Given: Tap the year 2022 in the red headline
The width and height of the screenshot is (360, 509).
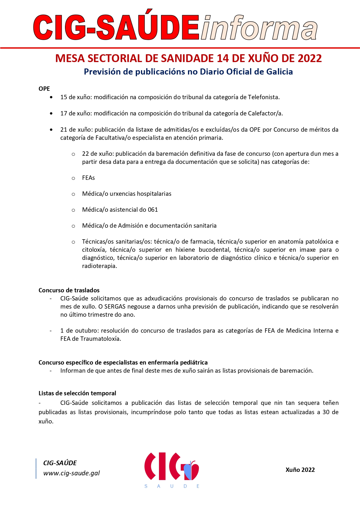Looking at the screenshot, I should (310, 59).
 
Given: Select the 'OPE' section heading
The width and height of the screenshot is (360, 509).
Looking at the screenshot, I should (44, 89).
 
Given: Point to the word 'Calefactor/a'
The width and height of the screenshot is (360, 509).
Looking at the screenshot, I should (265, 113).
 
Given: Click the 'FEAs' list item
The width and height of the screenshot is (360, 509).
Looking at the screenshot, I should (88, 178).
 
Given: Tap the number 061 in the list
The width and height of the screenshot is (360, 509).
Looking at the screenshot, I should (153, 210).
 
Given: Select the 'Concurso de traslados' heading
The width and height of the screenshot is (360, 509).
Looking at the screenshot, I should (69, 290).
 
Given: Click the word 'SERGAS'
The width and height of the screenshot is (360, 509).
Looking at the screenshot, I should (115, 307).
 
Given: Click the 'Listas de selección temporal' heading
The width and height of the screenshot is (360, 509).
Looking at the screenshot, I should (77, 393).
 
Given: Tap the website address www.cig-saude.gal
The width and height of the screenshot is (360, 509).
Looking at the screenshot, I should (71, 473).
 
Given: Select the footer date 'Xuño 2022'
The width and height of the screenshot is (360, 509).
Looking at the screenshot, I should (300, 470).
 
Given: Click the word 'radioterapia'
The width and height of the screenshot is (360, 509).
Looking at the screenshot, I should (99, 266).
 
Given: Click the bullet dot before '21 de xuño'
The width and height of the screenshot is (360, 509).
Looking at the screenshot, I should (51, 130).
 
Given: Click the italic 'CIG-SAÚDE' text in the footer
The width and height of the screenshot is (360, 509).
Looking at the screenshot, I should (60, 463).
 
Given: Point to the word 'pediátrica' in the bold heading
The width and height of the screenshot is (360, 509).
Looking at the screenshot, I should (193, 363).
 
